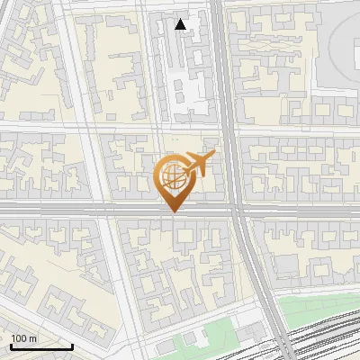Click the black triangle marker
(181, 24)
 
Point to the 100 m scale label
(24, 338)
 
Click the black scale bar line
(41, 346)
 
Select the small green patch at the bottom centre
(189, 340)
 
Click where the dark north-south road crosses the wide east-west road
(236, 209)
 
